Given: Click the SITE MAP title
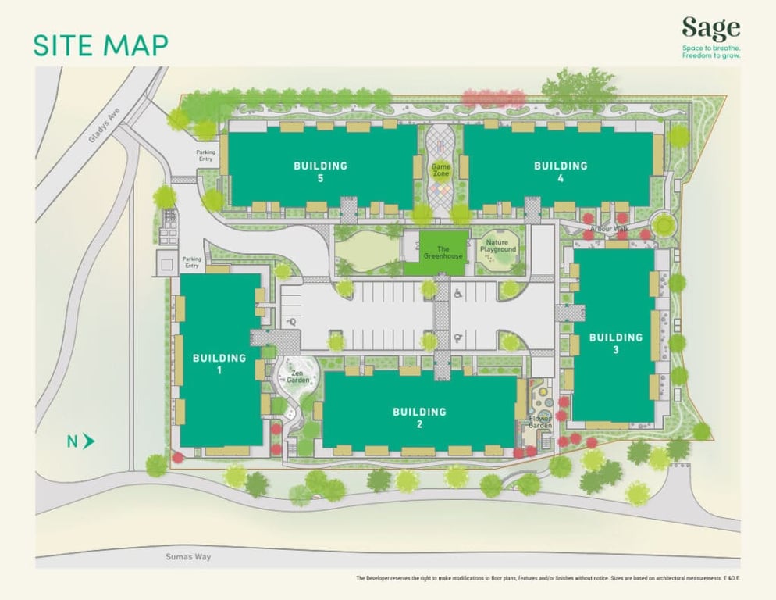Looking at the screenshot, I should click(x=100, y=45).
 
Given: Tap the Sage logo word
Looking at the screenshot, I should click(x=710, y=29).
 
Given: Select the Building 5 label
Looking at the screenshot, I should click(x=320, y=172).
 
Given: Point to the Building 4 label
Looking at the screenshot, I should click(x=560, y=172).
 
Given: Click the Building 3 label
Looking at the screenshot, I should click(x=615, y=344).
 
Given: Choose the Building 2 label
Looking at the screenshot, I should click(x=419, y=418).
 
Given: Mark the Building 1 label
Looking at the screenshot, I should click(x=219, y=364).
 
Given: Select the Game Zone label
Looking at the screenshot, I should click(x=441, y=170).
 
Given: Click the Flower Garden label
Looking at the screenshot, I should click(x=540, y=422).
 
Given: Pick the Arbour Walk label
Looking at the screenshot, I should click(x=609, y=229).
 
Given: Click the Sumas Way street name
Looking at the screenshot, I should click(x=189, y=557).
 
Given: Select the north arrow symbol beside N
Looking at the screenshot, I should click(x=89, y=441).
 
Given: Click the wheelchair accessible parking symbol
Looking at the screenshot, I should click(x=458, y=295).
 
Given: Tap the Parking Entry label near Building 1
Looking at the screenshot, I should click(x=192, y=262).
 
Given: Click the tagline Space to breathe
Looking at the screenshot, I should click(x=710, y=48).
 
